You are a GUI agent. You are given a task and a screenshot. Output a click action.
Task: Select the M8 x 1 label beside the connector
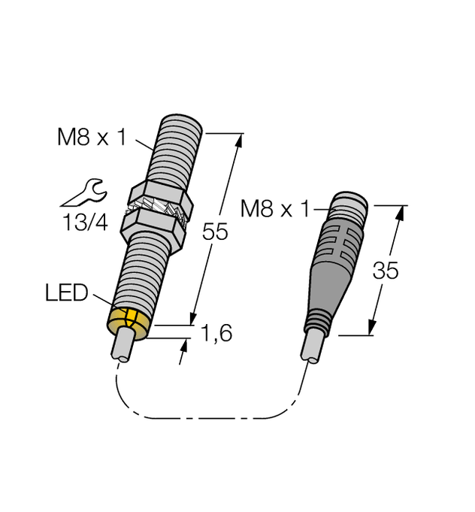tap(274, 209)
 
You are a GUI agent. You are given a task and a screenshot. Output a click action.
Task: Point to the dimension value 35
tap(386, 271)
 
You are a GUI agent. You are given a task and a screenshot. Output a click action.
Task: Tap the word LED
tap(65, 291)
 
